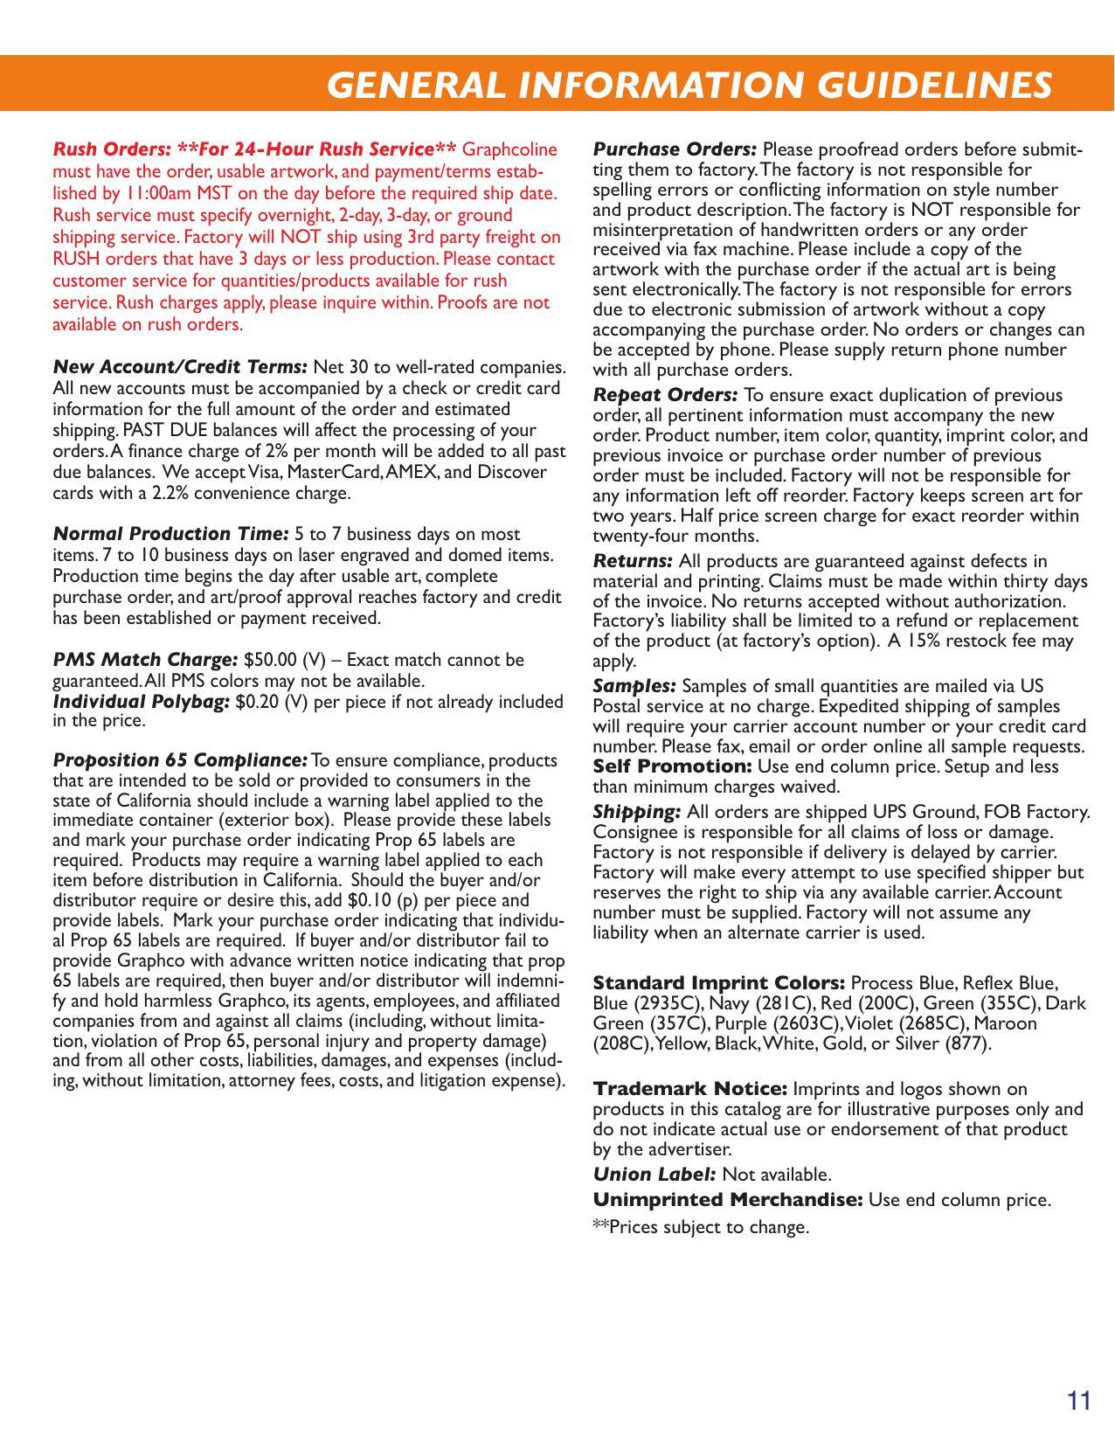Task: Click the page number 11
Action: click(1079, 1401)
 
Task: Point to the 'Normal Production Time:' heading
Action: click(170, 534)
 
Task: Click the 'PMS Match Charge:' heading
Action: click(145, 660)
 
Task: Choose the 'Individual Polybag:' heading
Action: click(142, 702)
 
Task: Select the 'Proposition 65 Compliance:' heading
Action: click(180, 760)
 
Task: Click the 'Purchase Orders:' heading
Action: click(675, 149)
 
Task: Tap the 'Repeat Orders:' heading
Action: click(665, 395)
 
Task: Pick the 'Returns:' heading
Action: click(633, 561)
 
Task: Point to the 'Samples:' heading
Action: click(634, 686)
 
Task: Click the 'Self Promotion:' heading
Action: click(672, 766)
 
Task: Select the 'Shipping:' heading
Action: click(636, 812)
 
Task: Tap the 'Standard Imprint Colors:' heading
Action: click(718, 983)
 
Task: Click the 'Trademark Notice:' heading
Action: click(690, 1089)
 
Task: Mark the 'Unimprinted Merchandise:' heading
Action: click(728, 1200)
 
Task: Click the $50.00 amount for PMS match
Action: click(271, 660)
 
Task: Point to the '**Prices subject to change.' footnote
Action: click(701, 1228)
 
